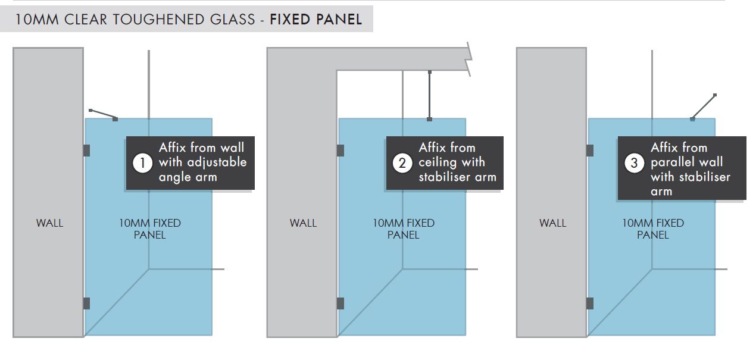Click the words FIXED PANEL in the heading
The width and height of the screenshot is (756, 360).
pyautogui.click(x=315, y=19)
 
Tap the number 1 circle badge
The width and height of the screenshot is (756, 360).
pyautogui.click(x=142, y=163)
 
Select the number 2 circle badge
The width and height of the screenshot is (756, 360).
pyautogui.click(x=402, y=163)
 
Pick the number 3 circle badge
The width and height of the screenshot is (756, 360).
pyautogui.click(x=634, y=163)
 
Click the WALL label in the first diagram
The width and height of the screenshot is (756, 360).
pyautogui.click(x=49, y=223)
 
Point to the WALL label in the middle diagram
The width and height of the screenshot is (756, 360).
pyautogui.click(x=303, y=223)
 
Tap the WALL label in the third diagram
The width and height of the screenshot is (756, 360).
pyautogui.click(x=552, y=223)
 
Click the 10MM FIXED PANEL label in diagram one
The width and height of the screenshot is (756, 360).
pyautogui.click(x=150, y=229)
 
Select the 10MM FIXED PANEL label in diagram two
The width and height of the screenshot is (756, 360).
pyautogui.click(x=404, y=229)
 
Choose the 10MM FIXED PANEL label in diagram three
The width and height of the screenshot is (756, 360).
pyautogui.click(x=653, y=229)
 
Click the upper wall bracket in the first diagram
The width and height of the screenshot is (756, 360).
pyautogui.click(x=86, y=151)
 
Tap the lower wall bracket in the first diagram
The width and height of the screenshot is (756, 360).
pyautogui.click(x=86, y=303)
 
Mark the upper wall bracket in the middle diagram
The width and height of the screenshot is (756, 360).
pyautogui.click(x=340, y=151)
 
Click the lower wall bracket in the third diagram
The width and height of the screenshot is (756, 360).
pyautogui.click(x=589, y=303)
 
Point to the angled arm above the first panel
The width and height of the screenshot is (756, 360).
pyautogui.click(x=102, y=114)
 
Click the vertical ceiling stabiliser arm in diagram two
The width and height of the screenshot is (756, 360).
pyautogui.click(x=429, y=95)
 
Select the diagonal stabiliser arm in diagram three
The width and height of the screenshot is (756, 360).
pyautogui.click(x=704, y=107)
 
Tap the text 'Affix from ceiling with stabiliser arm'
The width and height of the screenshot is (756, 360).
pyautogui.click(x=457, y=162)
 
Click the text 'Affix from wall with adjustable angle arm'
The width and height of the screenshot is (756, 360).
pyautogui.click(x=202, y=162)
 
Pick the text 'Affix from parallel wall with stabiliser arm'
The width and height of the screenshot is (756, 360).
pyautogui.click(x=690, y=170)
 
